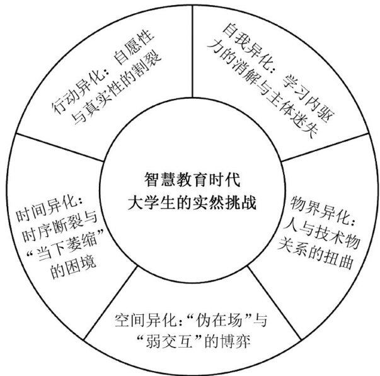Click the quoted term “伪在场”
215,318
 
